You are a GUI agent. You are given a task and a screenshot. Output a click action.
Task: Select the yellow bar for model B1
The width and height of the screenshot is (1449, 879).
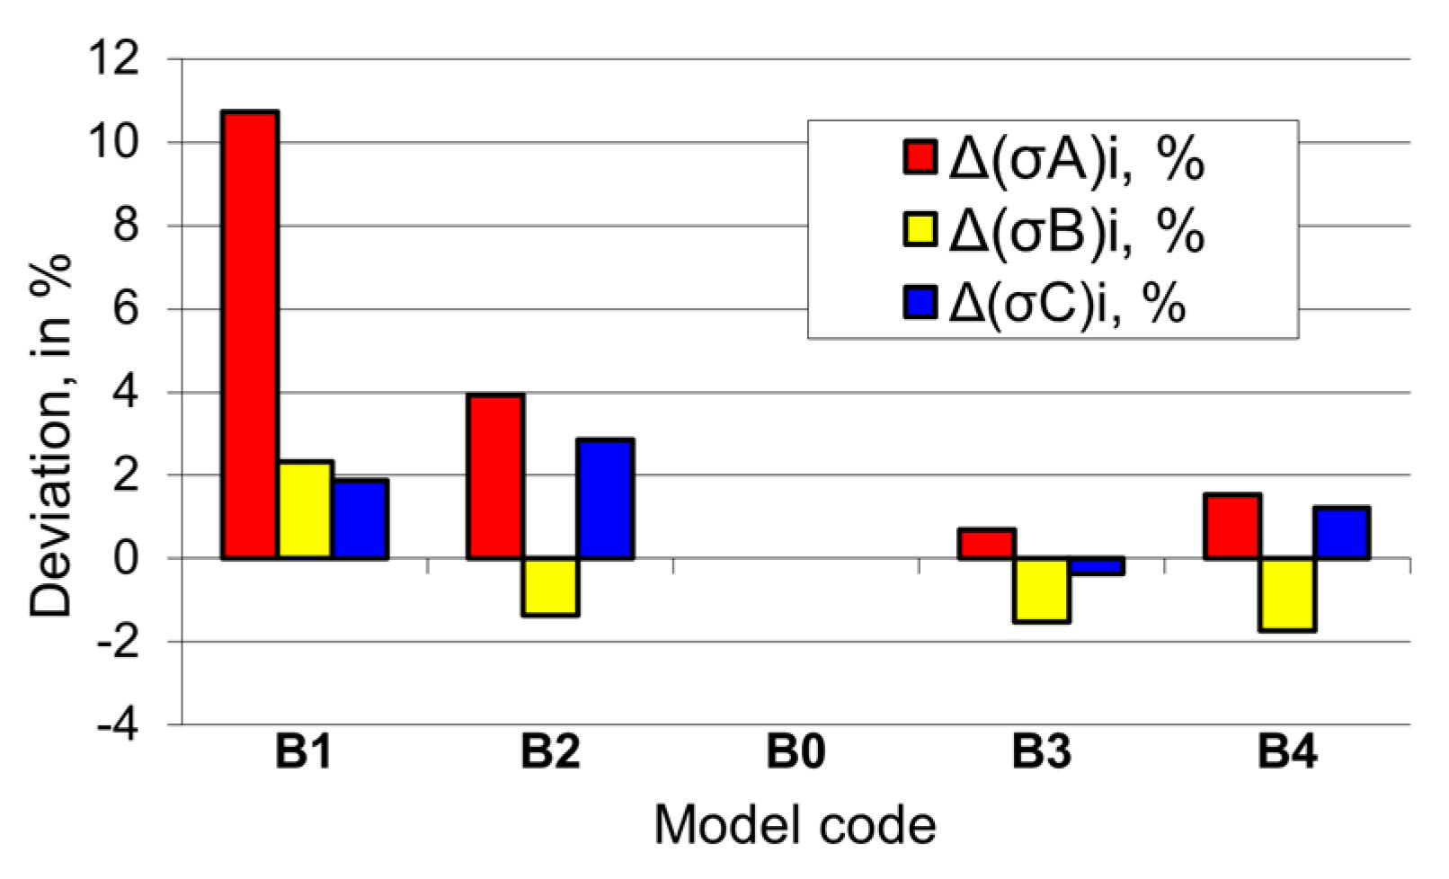pyautogui.click(x=306, y=510)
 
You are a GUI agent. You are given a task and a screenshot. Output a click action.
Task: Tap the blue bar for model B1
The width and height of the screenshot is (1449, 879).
pyautogui.click(x=360, y=519)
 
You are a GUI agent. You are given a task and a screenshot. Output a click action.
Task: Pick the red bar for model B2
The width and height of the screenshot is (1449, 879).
pyautogui.click(x=495, y=476)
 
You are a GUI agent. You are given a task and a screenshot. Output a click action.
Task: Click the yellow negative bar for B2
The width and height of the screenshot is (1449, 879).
pyautogui.click(x=551, y=587)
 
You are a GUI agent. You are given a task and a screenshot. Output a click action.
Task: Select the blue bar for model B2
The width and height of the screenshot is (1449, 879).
pyautogui.click(x=606, y=499)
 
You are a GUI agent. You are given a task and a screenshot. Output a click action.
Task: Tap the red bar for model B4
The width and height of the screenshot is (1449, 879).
pyautogui.click(x=1232, y=527)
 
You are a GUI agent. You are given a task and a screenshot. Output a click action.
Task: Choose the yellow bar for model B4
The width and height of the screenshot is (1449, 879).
pyautogui.click(x=1288, y=594)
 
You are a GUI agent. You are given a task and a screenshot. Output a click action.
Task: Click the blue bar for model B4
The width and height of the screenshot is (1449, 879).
pyautogui.click(x=1343, y=533)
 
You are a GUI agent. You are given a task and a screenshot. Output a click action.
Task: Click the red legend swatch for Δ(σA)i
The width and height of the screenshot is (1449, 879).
pyautogui.click(x=920, y=157)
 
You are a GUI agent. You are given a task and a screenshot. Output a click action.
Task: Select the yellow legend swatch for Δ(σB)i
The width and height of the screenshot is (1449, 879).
pyautogui.click(x=920, y=230)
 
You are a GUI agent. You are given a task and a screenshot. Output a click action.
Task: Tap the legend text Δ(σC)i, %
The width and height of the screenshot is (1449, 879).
pyautogui.click(x=1068, y=304)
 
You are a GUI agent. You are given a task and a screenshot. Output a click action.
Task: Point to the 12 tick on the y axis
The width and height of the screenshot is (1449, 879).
pyautogui.click(x=114, y=59)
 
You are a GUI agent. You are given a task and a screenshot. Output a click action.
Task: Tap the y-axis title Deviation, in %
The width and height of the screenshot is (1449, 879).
pyautogui.click(x=51, y=436)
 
